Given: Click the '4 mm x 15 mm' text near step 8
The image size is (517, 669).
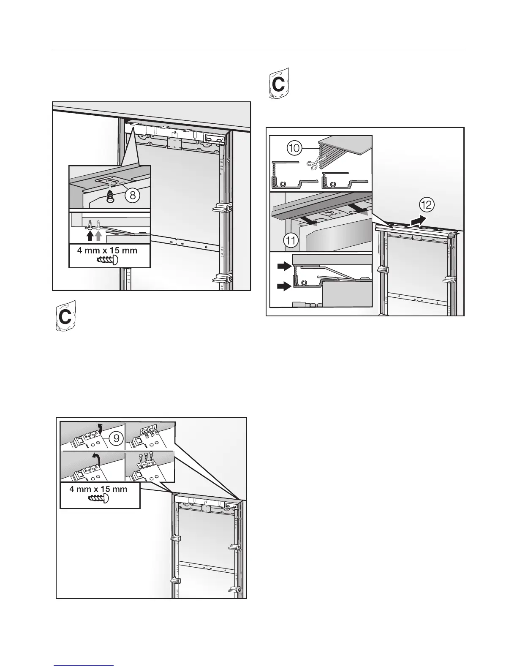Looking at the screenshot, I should point(107,250).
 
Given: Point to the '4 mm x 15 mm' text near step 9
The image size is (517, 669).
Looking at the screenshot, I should point(100,489).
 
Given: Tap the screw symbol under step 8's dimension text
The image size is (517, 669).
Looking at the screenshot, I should point(107,260).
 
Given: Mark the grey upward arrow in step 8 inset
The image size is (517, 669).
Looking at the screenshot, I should point(99,234).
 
